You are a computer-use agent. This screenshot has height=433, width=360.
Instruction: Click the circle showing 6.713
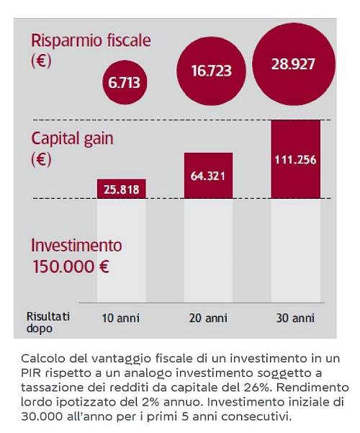click(x=125, y=82)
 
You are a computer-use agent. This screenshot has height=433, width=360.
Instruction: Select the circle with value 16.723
click(x=211, y=71)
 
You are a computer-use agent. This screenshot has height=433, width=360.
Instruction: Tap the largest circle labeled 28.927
click(x=294, y=64)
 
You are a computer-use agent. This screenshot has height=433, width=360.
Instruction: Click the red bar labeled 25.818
click(x=122, y=189)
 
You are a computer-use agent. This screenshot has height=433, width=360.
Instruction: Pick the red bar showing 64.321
click(x=208, y=176)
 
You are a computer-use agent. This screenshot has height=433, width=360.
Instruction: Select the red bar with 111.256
click(x=296, y=159)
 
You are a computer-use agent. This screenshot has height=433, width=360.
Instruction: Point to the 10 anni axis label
click(x=121, y=318)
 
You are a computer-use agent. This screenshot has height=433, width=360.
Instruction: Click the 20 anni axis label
click(x=208, y=318)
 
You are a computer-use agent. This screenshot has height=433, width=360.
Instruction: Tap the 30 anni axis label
click(x=295, y=318)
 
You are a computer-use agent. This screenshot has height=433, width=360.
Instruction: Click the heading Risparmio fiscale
click(x=91, y=40)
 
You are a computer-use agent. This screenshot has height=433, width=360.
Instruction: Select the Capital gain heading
click(x=72, y=138)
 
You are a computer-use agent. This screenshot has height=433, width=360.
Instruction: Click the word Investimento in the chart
click(x=76, y=245)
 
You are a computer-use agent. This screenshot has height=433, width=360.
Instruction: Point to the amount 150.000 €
click(x=71, y=267)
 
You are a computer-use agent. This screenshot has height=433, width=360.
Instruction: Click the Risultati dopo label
click(x=48, y=322)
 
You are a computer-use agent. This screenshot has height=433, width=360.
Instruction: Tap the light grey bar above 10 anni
click(x=122, y=251)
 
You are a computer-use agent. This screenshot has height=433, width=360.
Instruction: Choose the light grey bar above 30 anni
click(x=296, y=251)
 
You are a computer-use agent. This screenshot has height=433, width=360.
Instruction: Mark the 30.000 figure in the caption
click(x=42, y=416)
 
